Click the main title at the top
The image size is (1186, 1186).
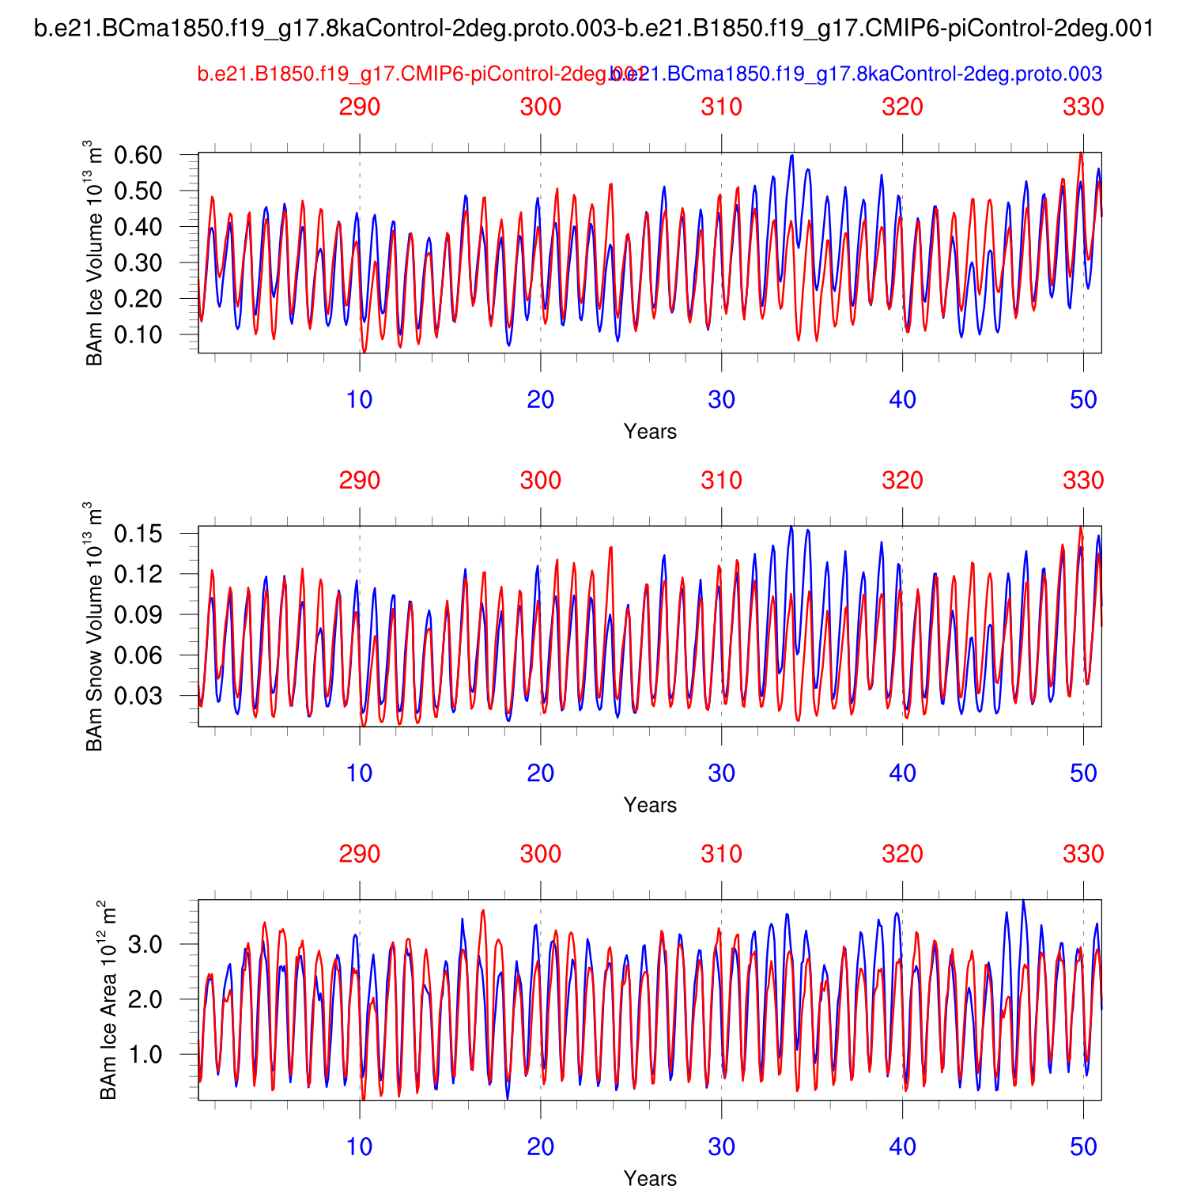[594, 29]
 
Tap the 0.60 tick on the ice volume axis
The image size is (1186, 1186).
[138, 155]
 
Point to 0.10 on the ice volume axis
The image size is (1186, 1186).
[138, 334]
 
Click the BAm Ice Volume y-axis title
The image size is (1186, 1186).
[94, 253]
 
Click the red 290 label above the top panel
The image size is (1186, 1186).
[360, 107]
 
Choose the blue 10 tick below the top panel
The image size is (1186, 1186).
[360, 399]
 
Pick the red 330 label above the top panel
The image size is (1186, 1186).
[1083, 107]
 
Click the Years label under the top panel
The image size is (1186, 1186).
[650, 432]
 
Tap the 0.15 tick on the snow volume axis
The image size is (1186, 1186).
[138, 534]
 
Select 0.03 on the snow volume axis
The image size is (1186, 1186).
[138, 696]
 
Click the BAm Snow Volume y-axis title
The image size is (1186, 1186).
[94, 626]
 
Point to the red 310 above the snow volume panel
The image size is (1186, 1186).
[722, 480]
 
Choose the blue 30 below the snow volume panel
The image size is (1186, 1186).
[722, 772]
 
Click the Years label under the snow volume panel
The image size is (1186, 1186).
[650, 805]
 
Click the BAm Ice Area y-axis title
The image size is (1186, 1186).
[108, 1000]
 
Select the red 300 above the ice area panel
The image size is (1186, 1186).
[541, 854]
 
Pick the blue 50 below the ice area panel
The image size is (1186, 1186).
[1083, 1146]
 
